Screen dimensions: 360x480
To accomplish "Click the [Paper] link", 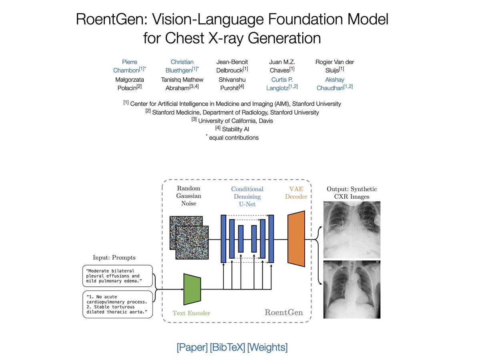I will (191, 347).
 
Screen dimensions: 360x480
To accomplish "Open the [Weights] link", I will (267, 347).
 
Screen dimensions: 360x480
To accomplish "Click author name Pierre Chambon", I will (129, 66).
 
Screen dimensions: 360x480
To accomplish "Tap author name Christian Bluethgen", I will (182, 66).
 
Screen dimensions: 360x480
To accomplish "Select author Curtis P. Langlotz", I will (282, 83).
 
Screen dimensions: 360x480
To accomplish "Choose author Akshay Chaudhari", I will (335, 83).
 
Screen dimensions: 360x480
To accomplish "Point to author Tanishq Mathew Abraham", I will (182, 83).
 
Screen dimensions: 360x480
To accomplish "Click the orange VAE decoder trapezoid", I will (296, 239).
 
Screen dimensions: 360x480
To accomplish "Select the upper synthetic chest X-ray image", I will (351, 229).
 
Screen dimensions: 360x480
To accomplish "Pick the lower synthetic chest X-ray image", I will (351, 289).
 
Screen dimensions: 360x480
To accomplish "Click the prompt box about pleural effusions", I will (117, 276).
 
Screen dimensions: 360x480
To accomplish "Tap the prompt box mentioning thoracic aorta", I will (117, 305).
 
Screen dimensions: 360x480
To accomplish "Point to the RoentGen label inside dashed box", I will (284, 312).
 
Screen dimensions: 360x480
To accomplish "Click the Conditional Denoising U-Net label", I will (247, 196).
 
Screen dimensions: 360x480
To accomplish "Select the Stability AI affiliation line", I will (232, 129).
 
